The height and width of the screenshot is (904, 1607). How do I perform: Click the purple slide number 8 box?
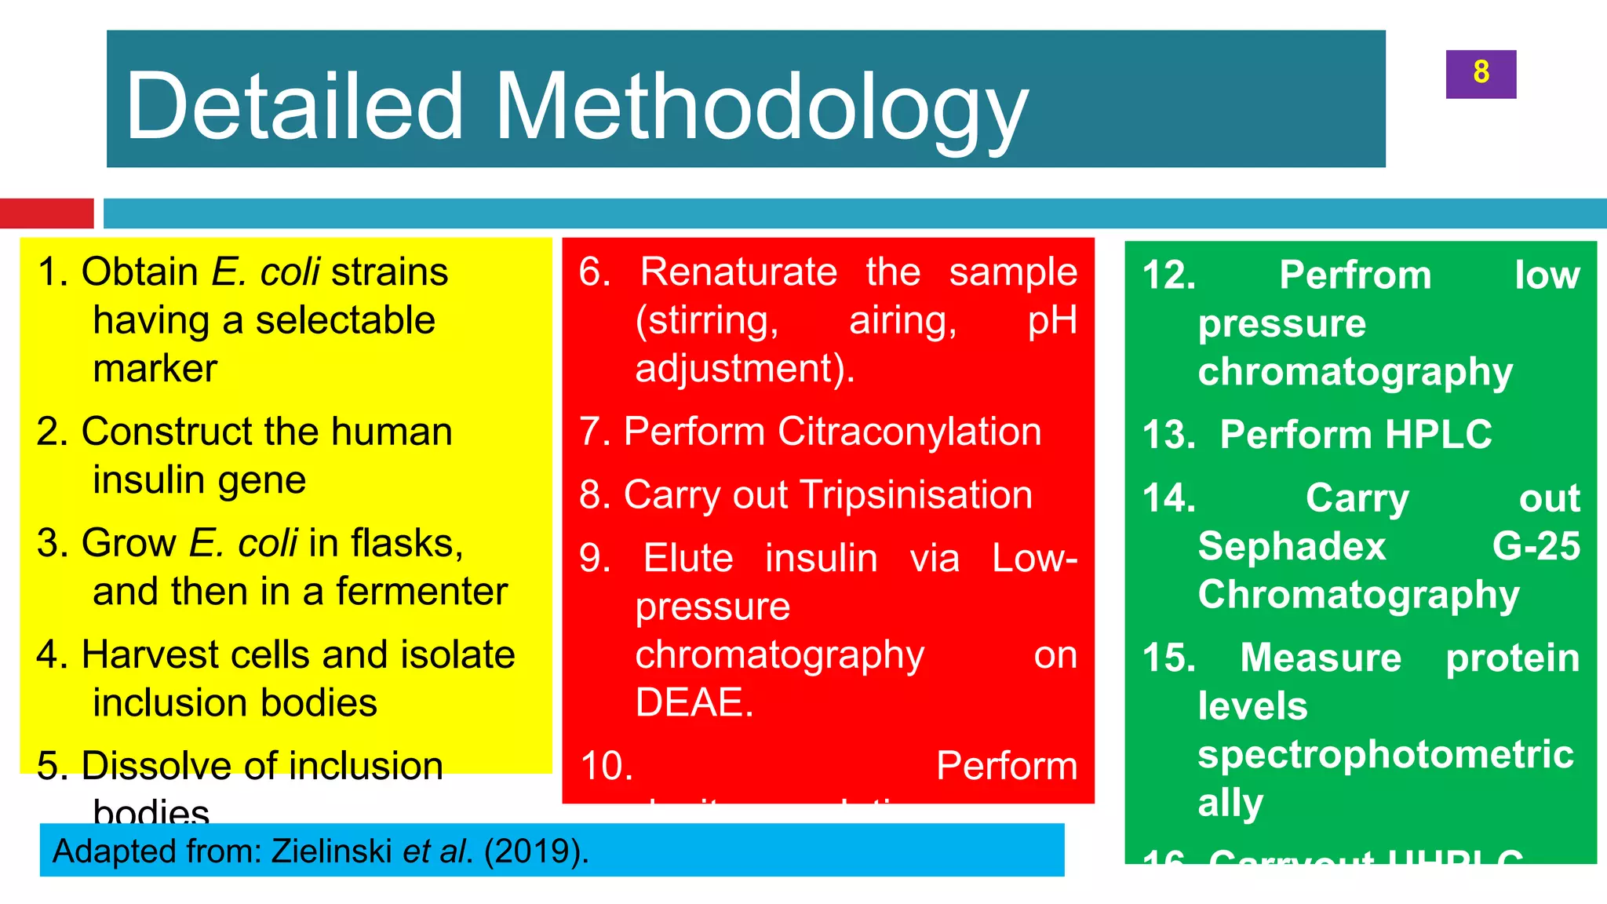[1481, 74]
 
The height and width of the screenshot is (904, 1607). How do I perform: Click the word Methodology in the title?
[761, 108]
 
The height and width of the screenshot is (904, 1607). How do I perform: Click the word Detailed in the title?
[295, 108]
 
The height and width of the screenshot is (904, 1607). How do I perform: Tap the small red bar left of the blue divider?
[46, 213]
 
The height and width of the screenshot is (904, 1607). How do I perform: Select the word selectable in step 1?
[345, 320]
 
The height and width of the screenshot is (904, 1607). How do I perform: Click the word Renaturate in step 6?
[738, 272]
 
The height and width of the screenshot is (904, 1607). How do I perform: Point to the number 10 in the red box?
[607, 766]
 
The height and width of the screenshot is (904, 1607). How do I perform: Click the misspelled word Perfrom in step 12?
[1355, 275]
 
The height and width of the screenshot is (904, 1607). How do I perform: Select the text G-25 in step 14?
[1536, 546]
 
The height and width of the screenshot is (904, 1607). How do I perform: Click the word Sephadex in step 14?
[1292, 546]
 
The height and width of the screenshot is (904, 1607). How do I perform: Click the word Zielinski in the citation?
[332, 851]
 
